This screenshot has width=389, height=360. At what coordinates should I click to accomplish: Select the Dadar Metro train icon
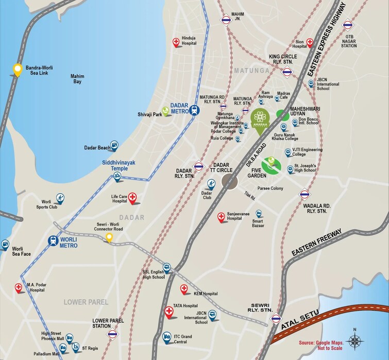pyautogui.click(x=194, y=110)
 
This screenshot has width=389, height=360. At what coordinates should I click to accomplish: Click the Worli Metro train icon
pyautogui.click(x=53, y=241)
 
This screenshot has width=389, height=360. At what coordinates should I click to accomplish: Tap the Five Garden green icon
pyautogui.click(x=270, y=164)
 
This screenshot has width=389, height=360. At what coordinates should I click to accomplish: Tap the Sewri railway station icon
pyautogui.click(x=276, y=318)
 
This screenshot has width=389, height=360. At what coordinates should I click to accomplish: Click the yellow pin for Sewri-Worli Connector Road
pyautogui.click(x=109, y=237)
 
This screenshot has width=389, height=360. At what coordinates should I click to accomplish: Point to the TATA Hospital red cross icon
pyautogui.click(x=169, y=311)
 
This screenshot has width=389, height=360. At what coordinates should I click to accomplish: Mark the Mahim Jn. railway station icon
pyautogui.click(x=226, y=20)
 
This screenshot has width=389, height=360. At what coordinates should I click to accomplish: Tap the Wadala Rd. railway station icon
pyautogui.click(x=305, y=194)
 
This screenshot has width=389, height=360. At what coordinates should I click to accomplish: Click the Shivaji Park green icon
pyautogui.click(x=165, y=110)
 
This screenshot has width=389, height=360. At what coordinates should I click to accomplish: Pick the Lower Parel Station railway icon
pyautogui.click(x=112, y=335)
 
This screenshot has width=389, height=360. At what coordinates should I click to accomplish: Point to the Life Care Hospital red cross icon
pyautogui.click(x=132, y=197)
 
